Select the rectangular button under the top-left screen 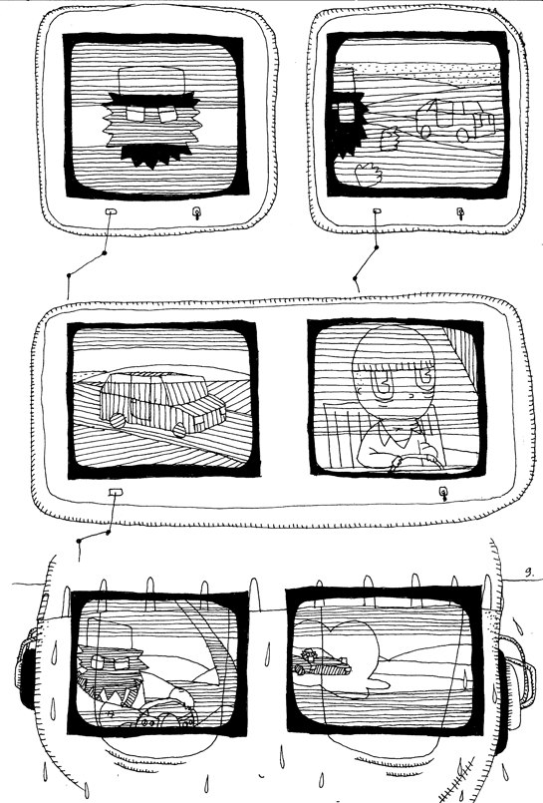point(111,212)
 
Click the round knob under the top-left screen point(196,212)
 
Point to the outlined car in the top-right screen point(453,120)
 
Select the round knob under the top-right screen point(459,212)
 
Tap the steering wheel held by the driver point(408,460)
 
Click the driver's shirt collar point(395,436)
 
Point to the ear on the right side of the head point(512,678)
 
